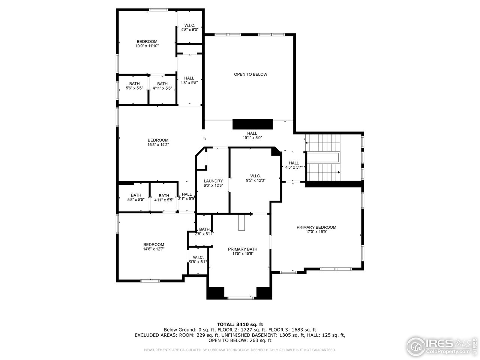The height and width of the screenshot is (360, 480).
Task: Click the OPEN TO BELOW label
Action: tap(250, 74)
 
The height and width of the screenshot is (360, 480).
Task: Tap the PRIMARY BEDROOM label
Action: tap(316, 227)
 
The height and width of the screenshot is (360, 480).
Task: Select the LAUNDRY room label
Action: tap(213, 181)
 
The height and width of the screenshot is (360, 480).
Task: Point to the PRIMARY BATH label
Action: tap(243, 249)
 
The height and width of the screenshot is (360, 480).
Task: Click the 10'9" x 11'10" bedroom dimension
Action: tap(147, 46)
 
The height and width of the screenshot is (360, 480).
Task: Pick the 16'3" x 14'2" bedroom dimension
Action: tap(158, 145)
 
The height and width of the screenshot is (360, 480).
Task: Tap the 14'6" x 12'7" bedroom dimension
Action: tap(153, 249)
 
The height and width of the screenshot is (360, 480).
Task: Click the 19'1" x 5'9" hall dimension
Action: tap(252, 138)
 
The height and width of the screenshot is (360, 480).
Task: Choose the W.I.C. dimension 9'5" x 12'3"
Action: tap(255, 180)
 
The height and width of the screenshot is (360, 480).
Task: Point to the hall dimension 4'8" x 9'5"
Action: tap(189, 83)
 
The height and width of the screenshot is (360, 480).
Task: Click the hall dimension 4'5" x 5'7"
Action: tap(294, 167)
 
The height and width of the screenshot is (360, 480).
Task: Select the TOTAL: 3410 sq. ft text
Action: tap(240, 324)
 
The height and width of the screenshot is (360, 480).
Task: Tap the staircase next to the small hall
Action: tap(323, 157)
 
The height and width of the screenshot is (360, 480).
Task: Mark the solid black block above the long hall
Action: tap(252, 124)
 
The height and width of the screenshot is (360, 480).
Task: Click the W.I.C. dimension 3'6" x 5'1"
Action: tap(198, 262)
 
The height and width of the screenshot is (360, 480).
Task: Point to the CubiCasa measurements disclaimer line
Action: tap(240, 350)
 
